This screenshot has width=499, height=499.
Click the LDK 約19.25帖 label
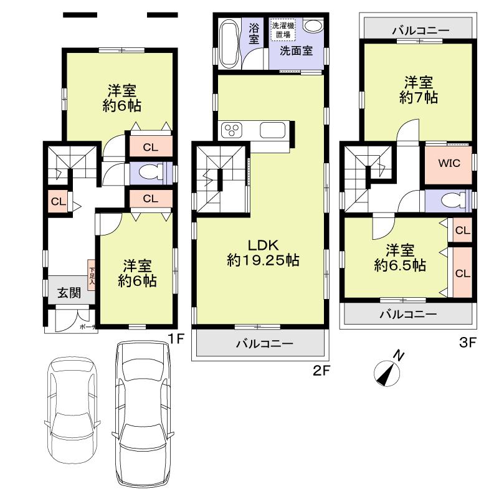point(262,252)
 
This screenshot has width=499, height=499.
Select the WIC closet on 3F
point(448,163)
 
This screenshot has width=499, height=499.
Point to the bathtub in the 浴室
point(229,42)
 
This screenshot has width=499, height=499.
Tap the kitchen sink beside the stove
point(272,131)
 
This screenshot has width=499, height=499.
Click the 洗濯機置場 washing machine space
point(283,30)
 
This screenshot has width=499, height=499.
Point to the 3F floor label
point(468,343)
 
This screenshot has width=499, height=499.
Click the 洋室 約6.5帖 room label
point(400,257)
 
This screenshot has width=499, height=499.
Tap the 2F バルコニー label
point(261,343)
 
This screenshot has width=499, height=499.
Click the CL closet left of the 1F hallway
point(57,201)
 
